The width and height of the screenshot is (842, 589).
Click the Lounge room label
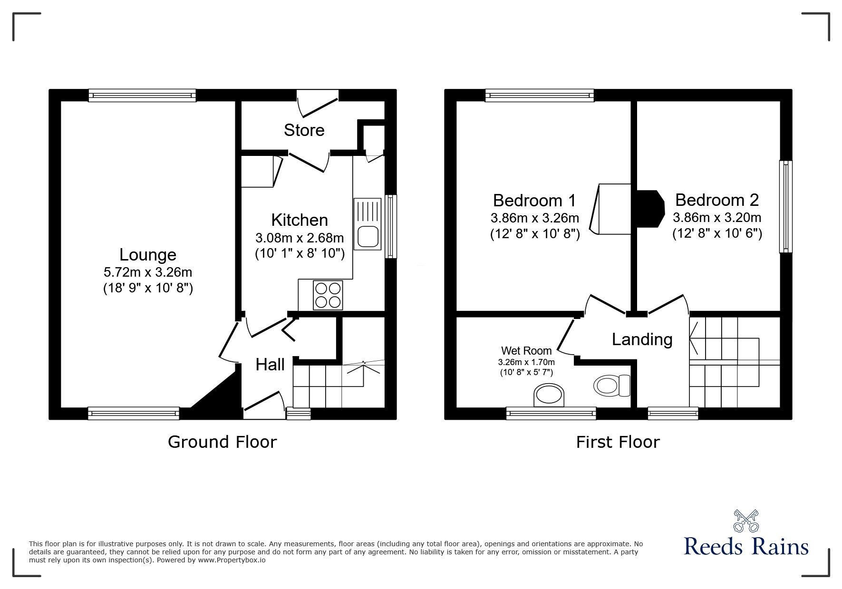(147, 255)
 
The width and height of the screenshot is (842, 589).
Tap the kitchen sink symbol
(368, 223)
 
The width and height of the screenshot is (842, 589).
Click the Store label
(304, 130)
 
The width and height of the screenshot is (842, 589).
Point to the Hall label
(270, 365)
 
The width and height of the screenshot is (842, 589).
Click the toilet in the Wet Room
(612, 385)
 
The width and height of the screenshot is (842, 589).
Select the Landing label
(642, 339)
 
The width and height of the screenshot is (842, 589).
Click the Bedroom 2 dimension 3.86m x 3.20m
(716, 218)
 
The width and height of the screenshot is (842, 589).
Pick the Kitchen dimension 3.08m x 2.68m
(300, 237)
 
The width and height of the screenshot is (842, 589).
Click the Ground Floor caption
(222, 442)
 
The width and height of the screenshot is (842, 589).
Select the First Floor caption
(618, 442)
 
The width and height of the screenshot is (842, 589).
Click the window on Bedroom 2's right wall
(785, 207)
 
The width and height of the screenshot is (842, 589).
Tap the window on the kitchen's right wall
(390, 226)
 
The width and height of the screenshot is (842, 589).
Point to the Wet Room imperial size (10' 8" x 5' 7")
(526, 373)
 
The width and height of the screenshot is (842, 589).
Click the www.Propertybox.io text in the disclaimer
(232, 560)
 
